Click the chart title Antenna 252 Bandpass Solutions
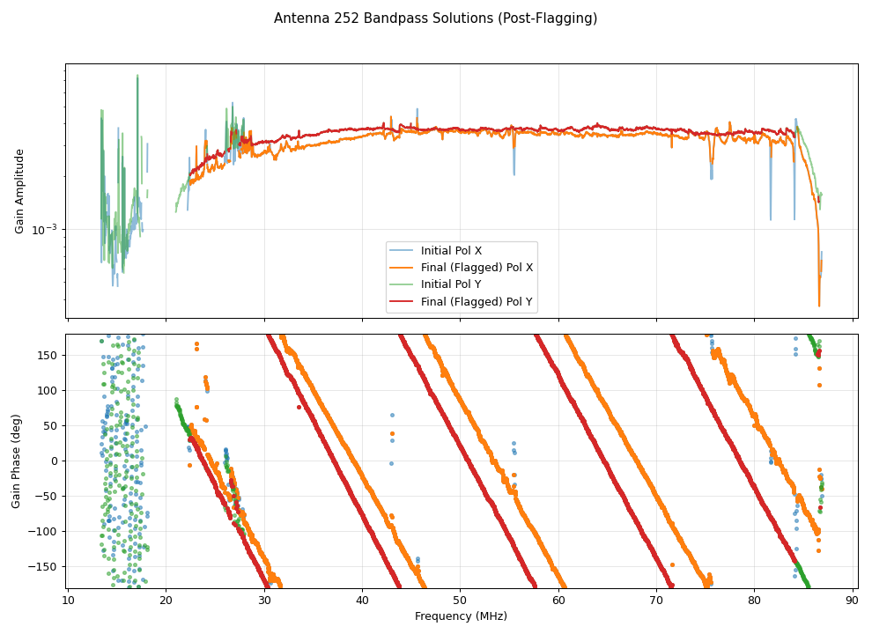pyautogui.click(x=435, y=18)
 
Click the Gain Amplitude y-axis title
pyautogui.click(x=19, y=191)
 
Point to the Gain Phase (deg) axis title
pyautogui.click(x=17, y=461)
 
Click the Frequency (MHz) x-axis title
pyautogui.click(x=461, y=616)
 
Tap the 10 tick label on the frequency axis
pyautogui.click(x=69, y=601)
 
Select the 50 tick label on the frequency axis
pyautogui.click(x=461, y=601)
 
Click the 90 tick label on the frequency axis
pyautogui.click(x=852, y=601)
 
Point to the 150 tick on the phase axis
pyautogui.click(x=46, y=355)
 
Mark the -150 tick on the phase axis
pyautogui.click(x=43, y=566)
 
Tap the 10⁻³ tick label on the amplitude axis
pyautogui.click(x=44, y=230)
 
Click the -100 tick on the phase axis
pyautogui.click(x=43, y=531)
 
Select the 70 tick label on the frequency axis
pyautogui.click(x=656, y=601)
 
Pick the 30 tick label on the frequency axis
pyautogui.click(x=264, y=601)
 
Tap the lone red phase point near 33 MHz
pyautogui.click(x=299, y=407)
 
